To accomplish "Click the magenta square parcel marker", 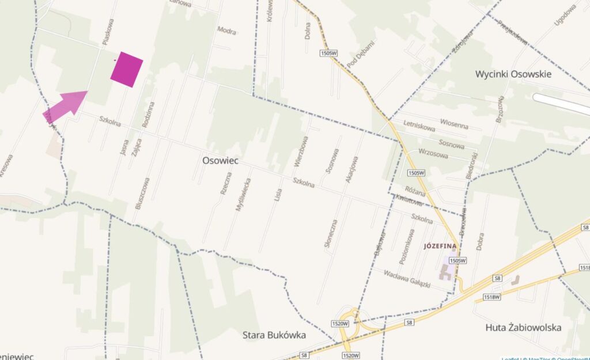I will pos(127,69).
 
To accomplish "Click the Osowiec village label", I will pos(221,161).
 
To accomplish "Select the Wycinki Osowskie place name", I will pos(513,74).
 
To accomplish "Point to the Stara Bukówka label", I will pos(274,335).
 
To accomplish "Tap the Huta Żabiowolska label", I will pos(523,327).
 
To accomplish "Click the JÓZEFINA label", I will pos(440,246).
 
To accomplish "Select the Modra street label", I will pos(226,30).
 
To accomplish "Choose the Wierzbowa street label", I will pos(301,151).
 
